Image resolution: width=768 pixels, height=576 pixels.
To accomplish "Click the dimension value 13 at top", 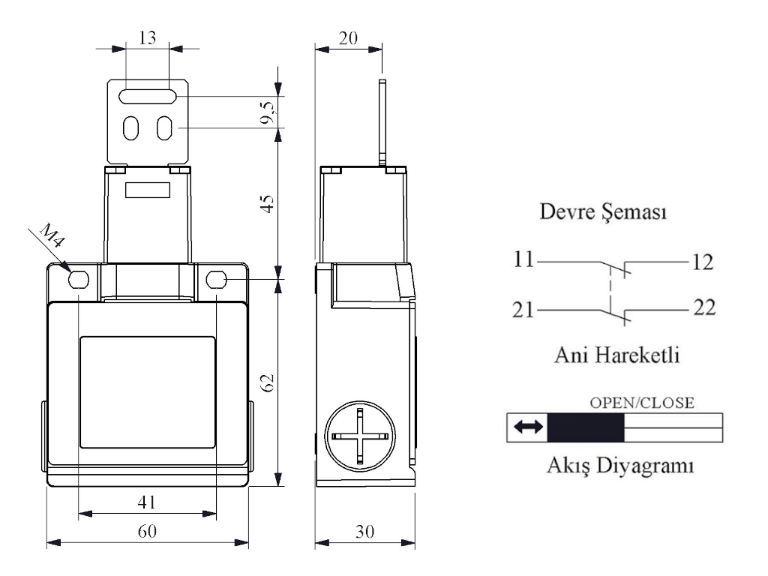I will click(148, 37).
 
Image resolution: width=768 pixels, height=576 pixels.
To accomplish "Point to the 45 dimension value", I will click(268, 203).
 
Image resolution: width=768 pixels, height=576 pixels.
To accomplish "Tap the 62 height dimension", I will click(268, 382).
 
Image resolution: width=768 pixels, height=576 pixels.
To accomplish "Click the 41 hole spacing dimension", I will click(147, 502).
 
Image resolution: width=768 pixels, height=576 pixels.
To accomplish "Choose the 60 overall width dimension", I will click(147, 531).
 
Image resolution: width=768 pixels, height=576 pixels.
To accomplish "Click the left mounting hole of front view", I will click(78, 280).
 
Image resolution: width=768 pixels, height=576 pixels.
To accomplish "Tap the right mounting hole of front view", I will click(217, 280).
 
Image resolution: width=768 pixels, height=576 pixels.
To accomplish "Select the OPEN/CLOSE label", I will click(643, 402).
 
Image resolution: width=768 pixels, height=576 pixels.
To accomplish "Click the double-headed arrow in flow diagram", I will click(527, 427).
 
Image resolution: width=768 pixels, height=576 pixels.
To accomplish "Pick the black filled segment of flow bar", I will click(586, 427).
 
